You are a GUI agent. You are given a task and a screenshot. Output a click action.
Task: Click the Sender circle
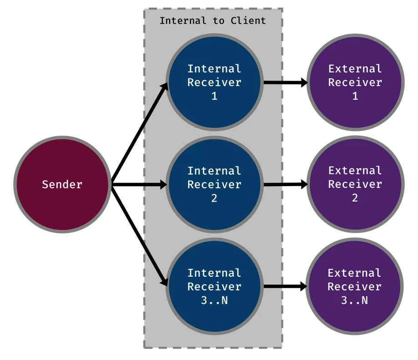point(62,184)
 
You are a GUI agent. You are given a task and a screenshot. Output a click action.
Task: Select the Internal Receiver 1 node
point(215,82)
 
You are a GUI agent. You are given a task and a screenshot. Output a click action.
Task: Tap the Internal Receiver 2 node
point(215,184)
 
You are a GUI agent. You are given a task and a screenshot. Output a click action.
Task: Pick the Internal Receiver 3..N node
point(215,286)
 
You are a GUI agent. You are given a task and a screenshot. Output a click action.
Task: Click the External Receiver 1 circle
point(355,82)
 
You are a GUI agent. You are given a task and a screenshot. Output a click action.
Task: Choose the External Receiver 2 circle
point(355,184)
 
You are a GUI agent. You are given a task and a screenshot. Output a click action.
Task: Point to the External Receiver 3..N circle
point(355,286)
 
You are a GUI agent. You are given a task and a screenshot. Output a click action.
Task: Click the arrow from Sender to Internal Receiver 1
point(140,133)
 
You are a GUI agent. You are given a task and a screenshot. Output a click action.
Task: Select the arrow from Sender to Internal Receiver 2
point(139,184)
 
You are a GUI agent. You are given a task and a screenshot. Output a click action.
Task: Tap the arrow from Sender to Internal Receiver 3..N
point(140,236)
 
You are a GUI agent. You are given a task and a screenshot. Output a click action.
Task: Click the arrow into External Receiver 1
point(286,82)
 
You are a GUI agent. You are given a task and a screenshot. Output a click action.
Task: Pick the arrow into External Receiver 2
point(286,184)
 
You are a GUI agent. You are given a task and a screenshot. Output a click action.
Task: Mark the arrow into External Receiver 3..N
point(285,286)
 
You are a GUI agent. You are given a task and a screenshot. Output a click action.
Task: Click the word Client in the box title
point(248,20)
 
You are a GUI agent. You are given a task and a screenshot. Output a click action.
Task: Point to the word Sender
point(62,184)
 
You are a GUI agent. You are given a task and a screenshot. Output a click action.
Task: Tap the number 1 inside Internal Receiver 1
point(215,96)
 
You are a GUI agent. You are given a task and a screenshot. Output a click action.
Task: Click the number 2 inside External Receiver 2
point(355,198)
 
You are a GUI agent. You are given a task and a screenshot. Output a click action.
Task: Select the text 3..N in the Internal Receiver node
point(215,300)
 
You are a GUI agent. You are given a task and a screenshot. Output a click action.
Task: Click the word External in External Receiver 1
point(355,69)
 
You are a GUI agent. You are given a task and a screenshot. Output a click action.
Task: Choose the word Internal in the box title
point(183,20)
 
